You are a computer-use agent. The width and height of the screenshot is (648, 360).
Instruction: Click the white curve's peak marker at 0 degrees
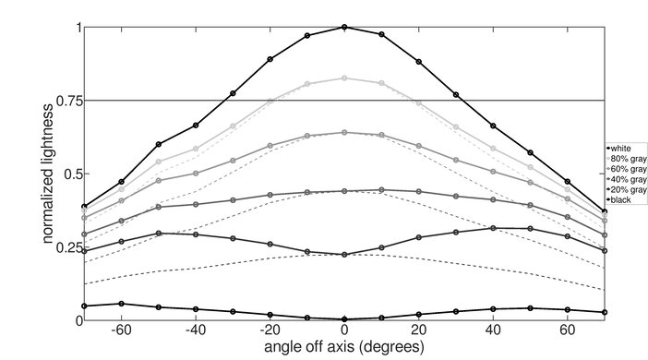[x=344, y=28]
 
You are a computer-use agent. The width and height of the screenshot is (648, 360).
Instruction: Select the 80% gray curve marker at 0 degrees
[x=344, y=78]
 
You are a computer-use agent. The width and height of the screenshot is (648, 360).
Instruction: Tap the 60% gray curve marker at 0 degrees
[x=344, y=132]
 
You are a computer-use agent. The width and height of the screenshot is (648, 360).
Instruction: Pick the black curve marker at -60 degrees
[x=122, y=304]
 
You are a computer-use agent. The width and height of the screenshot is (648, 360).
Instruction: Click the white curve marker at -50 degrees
[x=159, y=145]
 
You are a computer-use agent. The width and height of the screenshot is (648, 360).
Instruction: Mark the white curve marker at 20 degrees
[x=419, y=62]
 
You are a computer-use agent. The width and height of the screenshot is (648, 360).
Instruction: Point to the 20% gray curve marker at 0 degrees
[x=344, y=255]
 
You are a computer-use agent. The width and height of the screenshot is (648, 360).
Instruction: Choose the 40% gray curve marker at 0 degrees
[x=344, y=191]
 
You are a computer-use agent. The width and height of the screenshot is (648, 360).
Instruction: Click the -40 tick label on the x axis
[x=194, y=330]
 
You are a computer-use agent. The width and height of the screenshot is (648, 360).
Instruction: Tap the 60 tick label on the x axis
[x=567, y=330]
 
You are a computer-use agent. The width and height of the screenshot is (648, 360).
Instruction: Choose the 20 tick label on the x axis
[x=419, y=330]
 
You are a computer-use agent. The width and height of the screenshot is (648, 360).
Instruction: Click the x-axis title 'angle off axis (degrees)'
[x=343, y=347]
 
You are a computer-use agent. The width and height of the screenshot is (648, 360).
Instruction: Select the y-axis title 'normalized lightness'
[x=45, y=174]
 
